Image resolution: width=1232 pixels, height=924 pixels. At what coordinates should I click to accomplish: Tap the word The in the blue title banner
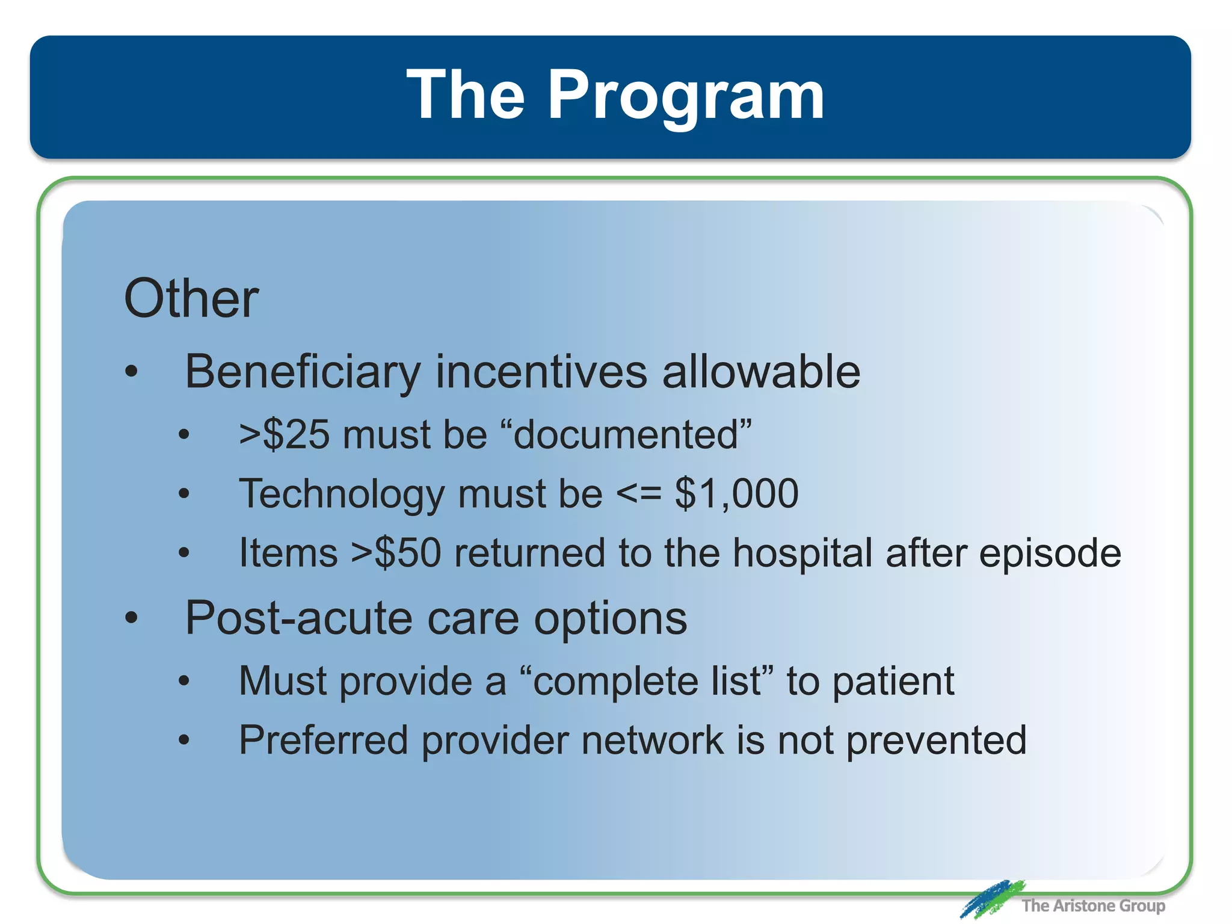click(466, 94)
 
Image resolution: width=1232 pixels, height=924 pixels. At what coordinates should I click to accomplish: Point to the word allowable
click(761, 372)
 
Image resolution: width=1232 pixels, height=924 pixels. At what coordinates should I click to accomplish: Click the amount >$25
click(284, 434)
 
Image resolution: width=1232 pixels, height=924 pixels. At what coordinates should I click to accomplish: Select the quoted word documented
click(626, 434)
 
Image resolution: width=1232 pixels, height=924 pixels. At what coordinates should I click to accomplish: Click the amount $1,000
click(736, 493)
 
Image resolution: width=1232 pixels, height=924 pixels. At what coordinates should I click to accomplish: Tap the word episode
click(1050, 553)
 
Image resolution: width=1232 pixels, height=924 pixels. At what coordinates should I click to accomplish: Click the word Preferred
click(323, 740)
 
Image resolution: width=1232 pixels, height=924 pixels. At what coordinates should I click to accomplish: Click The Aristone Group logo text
click(1092, 905)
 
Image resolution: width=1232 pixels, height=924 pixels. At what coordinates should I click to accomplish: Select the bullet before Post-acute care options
click(132, 618)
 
